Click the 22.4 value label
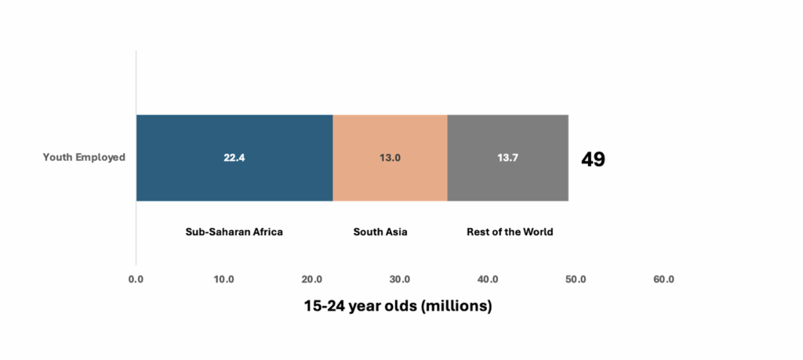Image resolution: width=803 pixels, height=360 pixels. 234,158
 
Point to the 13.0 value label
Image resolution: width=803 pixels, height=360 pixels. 390,158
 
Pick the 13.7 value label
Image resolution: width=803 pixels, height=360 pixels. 507,158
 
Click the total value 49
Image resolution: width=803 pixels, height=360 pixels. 593,159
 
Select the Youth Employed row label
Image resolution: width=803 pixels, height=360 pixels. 84,158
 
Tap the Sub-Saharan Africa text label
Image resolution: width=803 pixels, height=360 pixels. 234,231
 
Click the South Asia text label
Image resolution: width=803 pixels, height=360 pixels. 380,231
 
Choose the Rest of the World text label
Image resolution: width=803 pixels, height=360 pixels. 510,231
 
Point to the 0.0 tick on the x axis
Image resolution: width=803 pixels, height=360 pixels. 136,279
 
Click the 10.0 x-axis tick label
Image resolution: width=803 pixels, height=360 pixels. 224,279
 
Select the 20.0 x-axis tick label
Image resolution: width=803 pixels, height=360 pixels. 312,279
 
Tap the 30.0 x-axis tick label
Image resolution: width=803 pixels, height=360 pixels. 400,279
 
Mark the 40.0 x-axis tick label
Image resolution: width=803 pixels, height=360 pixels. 488,279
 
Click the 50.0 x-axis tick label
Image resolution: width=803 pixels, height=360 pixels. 576,279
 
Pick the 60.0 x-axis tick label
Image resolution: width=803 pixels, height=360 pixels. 663,279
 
